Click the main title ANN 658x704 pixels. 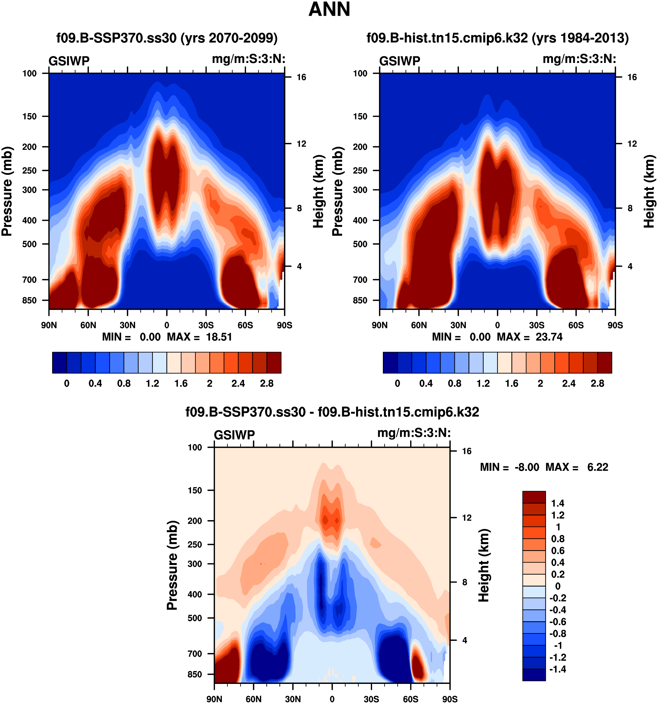coord(329,10)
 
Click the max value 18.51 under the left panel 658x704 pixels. coord(219,337)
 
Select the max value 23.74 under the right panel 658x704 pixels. coord(549,337)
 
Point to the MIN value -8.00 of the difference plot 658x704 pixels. coord(527,467)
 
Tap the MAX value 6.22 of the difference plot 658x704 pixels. coord(597,467)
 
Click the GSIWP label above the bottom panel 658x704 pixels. coord(234,435)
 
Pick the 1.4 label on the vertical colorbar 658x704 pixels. coord(558,503)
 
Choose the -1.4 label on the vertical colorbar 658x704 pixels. coord(558,669)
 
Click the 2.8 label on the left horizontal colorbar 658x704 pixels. coord(267,383)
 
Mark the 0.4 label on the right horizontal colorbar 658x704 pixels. coord(426,383)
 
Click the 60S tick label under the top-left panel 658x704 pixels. coord(245,325)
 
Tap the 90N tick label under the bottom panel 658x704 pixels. coord(214,699)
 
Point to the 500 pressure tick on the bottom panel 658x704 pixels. coord(195,618)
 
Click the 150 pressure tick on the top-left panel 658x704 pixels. coord(29,117)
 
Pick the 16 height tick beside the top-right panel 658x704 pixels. coord(632,77)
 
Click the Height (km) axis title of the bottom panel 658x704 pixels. coord(484,565)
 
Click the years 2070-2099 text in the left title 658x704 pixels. coord(229,38)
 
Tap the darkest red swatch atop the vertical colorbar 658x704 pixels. coord(534,497)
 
